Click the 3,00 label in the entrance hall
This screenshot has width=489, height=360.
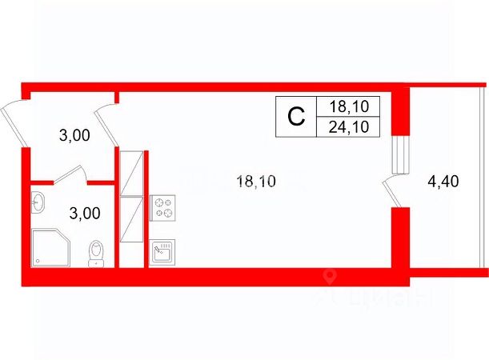[x=74, y=136]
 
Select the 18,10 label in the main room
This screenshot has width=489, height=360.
[x=255, y=182]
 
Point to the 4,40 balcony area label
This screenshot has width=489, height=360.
[x=443, y=182]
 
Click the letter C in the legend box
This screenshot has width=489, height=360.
[x=296, y=117]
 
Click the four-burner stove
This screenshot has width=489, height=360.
[x=165, y=207]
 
